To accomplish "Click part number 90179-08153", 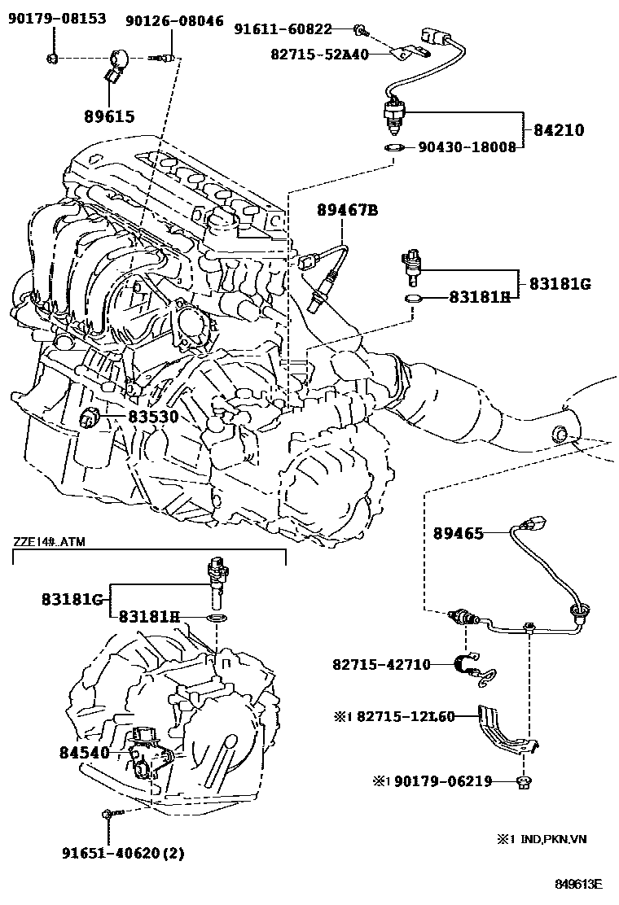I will click(x=57, y=18).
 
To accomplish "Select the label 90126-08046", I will click(x=174, y=21).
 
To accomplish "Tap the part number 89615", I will click(x=109, y=116).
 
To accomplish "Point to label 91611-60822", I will click(x=283, y=29).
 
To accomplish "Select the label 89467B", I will click(x=348, y=211).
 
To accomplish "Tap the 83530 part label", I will click(x=152, y=417).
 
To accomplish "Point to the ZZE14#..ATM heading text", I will click(x=49, y=542).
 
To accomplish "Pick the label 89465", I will click(x=459, y=534).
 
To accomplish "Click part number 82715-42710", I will click(x=381, y=664).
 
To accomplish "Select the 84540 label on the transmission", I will click(x=84, y=753).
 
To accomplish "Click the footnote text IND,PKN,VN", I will click(x=542, y=838).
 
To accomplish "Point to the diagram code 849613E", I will click(x=578, y=884).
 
